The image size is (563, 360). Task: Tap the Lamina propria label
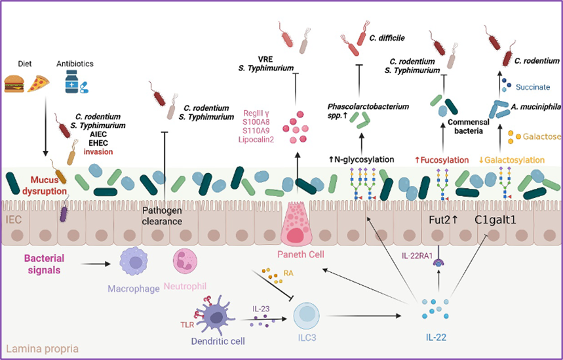(x=40, y=348)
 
